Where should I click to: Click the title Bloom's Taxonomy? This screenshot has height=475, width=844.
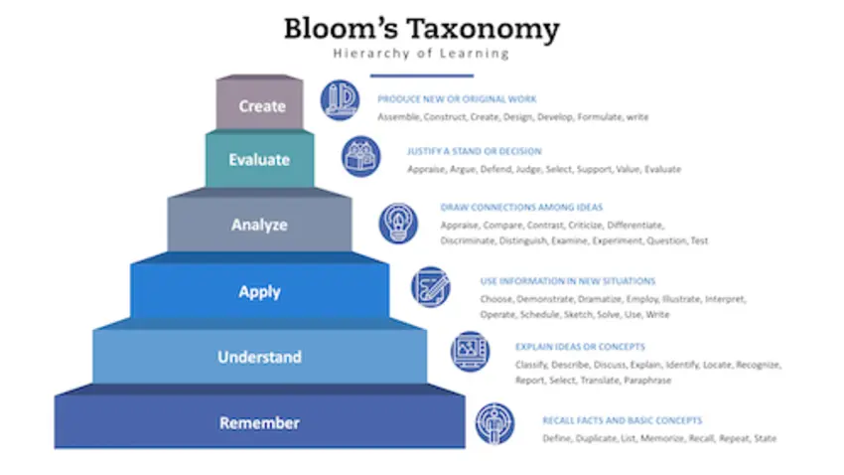[421, 30]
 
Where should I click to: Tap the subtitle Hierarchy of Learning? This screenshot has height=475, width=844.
[421, 54]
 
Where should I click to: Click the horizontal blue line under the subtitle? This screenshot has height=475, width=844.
[421, 76]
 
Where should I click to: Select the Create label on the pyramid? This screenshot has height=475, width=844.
[262, 106]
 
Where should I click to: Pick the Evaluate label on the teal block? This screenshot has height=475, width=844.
[259, 159]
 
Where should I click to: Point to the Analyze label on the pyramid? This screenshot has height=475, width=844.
[259, 225]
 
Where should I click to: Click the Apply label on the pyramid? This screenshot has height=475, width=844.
[259, 292]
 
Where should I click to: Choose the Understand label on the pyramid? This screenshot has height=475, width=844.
[259, 357]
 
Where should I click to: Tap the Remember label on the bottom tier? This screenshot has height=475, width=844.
[259, 423]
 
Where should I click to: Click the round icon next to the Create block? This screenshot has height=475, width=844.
[341, 100]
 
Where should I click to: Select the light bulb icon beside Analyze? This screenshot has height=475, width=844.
[398, 223]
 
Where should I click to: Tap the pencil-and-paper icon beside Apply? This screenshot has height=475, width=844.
[431, 287]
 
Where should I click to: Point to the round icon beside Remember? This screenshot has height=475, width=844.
[494, 423]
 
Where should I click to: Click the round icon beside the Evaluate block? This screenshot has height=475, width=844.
[361, 156]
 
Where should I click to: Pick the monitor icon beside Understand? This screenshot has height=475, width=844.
[471, 351]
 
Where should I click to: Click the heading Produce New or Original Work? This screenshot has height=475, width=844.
[457, 99]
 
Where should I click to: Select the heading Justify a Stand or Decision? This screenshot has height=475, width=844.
[475, 151]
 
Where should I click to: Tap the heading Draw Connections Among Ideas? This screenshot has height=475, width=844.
[521, 208]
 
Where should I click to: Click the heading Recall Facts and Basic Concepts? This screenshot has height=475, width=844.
[623, 420]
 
